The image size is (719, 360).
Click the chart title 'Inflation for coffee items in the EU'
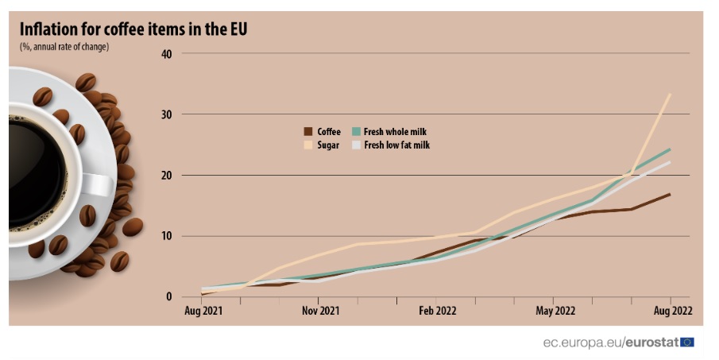[133, 29]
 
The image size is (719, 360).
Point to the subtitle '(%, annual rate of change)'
[64, 47]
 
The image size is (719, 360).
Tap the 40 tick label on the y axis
[166, 54]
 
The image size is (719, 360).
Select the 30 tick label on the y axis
[166, 114]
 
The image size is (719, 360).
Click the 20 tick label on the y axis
[166, 176]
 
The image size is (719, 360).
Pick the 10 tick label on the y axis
[166, 236]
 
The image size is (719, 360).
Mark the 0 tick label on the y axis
[169, 297]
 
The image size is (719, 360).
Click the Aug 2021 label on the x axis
[203, 311]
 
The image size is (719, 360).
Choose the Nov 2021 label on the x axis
[321, 311]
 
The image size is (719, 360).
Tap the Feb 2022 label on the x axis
[438, 311]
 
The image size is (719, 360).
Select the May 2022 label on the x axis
[555, 311]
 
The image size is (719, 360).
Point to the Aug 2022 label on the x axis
[671, 311]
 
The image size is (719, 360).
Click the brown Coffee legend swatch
[307, 132]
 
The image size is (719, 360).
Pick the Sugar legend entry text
[328, 145]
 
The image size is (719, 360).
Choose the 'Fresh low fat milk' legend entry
[396, 145]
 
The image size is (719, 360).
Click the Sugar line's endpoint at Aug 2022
[671, 94]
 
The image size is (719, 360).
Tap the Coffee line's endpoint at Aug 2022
[671, 194]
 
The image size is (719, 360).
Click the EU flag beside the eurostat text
[687, 342]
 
